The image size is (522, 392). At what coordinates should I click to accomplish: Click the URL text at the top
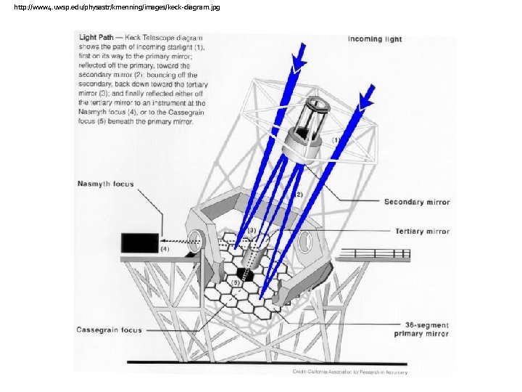point(117,7)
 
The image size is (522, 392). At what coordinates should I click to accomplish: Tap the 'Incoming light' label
point(375,39)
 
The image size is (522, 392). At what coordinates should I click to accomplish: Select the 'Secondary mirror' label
point(416,202)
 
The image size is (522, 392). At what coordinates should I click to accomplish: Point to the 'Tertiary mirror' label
point(422,232)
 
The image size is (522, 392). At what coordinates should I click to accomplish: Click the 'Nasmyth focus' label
point(106,184)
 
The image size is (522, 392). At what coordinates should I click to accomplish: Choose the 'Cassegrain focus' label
point(109,330)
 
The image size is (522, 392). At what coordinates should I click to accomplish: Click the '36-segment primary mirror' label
point(421,330)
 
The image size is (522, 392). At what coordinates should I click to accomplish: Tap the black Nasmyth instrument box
point(140,242)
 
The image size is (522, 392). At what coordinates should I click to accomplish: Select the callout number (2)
point(297,195)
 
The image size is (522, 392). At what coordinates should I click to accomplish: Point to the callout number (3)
point(252,230)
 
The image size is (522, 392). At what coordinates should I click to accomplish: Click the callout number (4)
point(165,249)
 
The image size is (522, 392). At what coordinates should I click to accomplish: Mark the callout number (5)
point(235,282)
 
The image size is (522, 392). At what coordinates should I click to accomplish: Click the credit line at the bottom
point(350,372)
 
